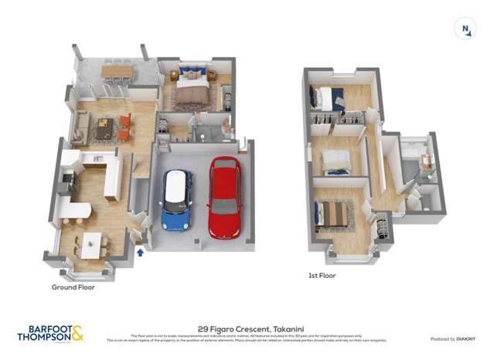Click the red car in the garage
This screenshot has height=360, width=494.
pos(224,198)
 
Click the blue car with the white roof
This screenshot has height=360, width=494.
pos(177,200)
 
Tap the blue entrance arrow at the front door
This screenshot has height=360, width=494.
pos(140,251)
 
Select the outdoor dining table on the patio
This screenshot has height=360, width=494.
pos(117,71)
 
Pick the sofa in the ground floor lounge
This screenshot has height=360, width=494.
pos(79,128)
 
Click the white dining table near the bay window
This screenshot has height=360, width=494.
pos(91,245)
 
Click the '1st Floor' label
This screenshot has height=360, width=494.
pos(322,275)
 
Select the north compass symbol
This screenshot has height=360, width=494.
pos(466,30)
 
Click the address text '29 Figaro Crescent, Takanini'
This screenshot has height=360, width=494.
pos(246,328)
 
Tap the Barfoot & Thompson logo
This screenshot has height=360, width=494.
pos(50,333)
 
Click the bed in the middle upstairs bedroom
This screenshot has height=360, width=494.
pos(336,161)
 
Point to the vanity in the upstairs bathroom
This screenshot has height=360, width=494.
pos(424,162)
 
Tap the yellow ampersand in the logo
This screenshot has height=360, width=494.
pos(77,334)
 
